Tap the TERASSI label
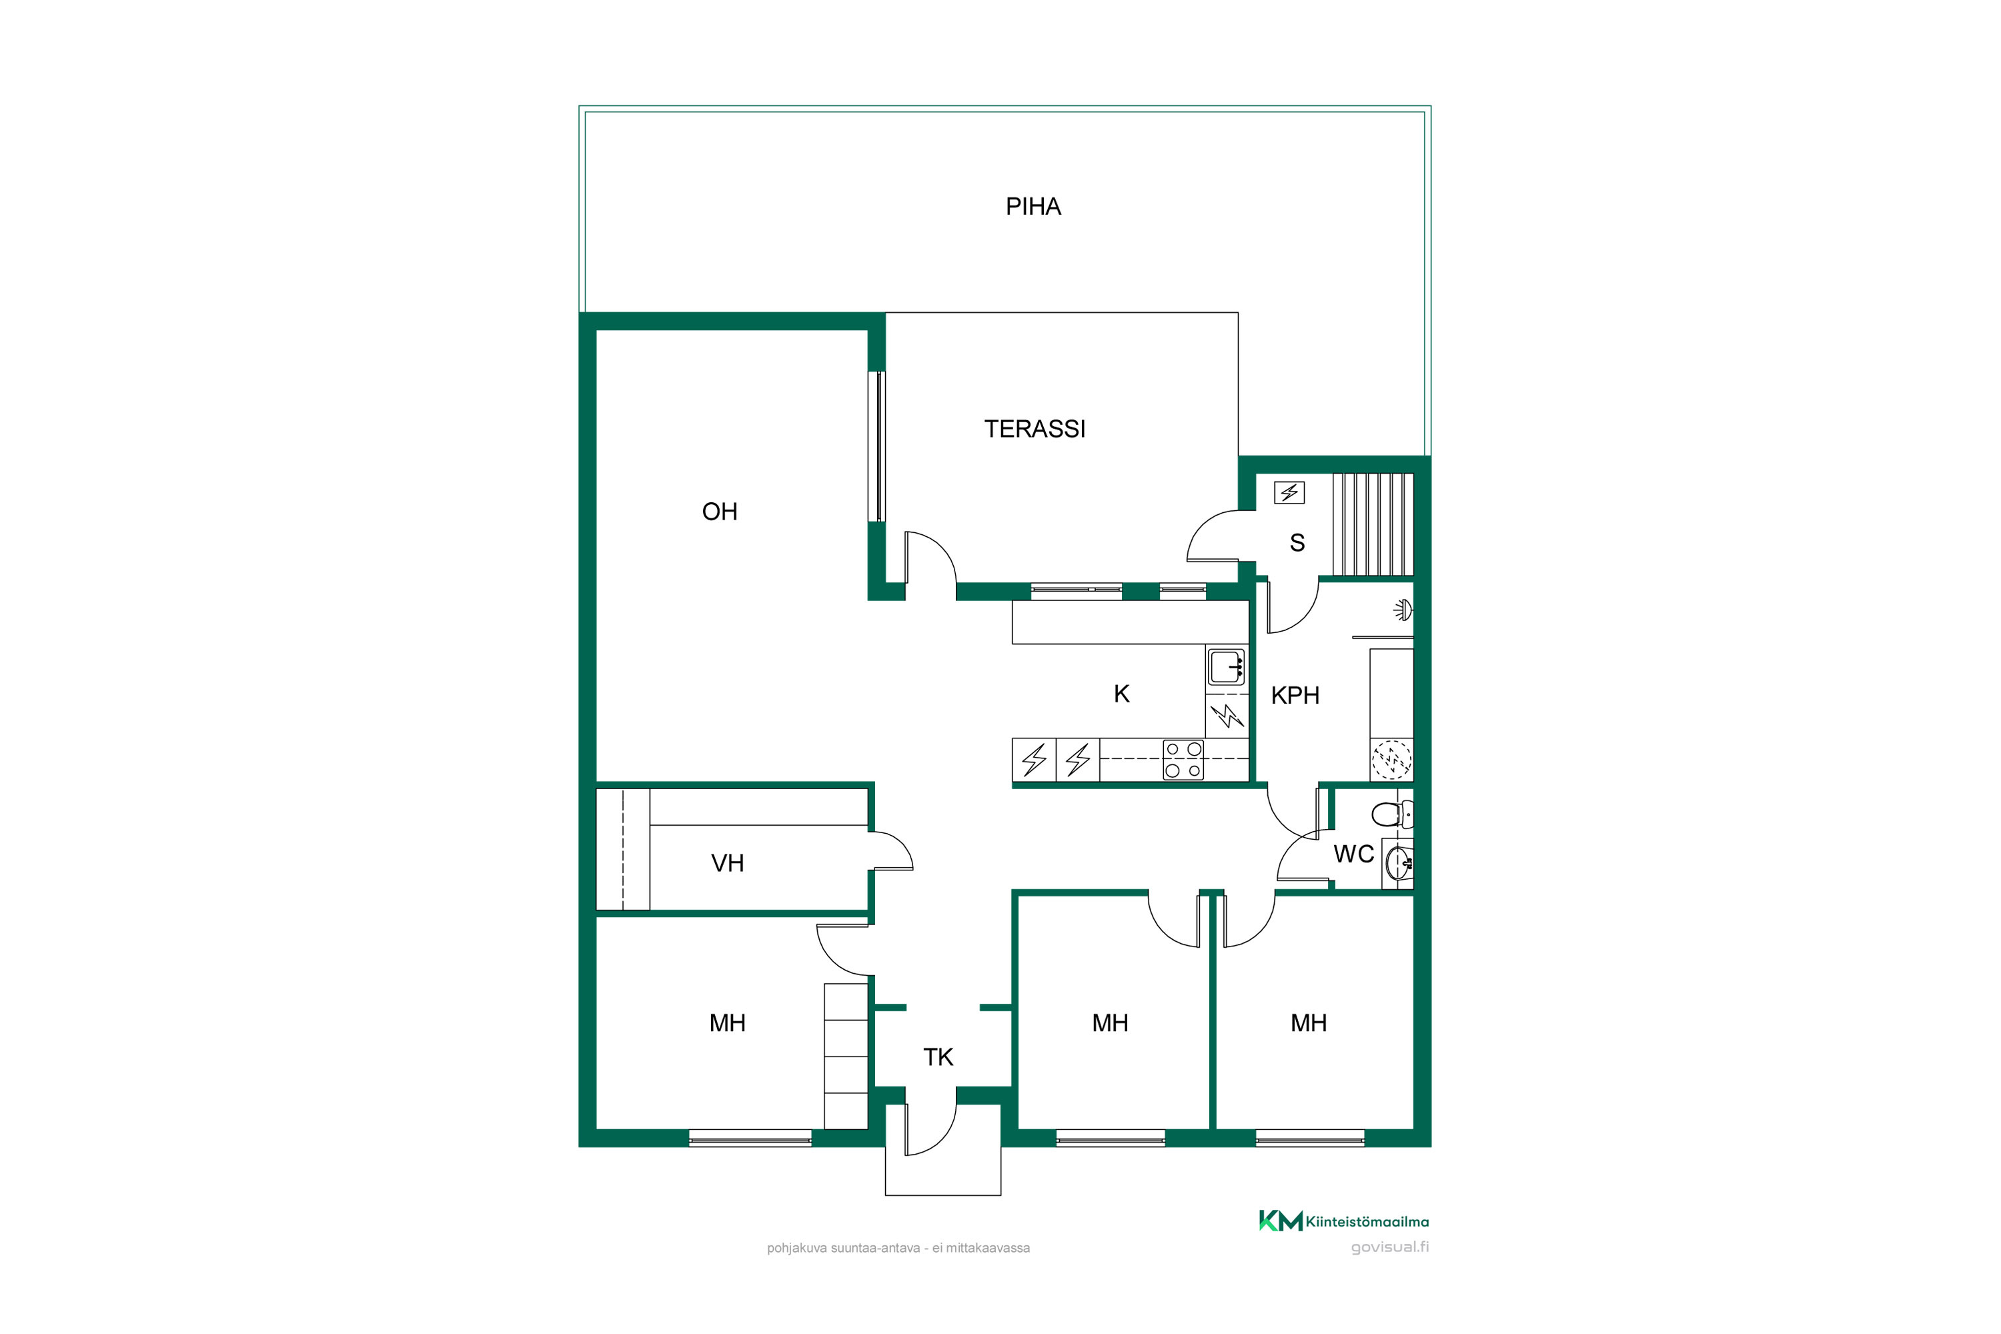[1035, 429]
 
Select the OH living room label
[720, 512]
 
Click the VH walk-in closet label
[728, 864]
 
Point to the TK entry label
[938, 1057]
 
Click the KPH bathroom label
[1295, 696]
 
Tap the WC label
[1353, 854]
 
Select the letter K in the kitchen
[1121, 694]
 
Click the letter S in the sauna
[1297, 543]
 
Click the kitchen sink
[1227, 667]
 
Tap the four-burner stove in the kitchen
[1183, 760]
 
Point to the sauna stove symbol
[1290, 493]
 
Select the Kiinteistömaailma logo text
[1367, 1222]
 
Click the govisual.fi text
[1390, 1247]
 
